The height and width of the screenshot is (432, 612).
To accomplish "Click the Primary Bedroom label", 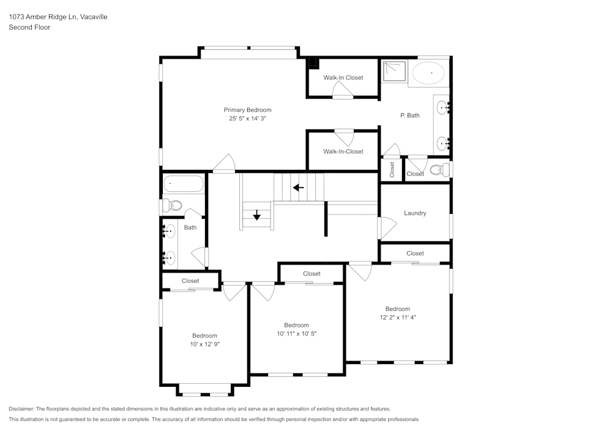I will click(x=247, y=110).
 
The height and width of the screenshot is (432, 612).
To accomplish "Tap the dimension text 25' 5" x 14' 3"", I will click(x=247, y=119).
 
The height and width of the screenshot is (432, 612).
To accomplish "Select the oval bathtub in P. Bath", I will click(x=428, y=73).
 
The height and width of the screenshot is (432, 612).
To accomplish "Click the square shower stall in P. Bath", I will click(x=393, y=71).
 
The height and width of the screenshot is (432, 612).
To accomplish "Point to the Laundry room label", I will click(x=415, y=213).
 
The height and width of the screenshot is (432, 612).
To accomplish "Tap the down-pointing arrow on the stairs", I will click(x=256, y=215).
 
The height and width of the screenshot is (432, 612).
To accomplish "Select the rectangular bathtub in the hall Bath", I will click(x=183, y=183).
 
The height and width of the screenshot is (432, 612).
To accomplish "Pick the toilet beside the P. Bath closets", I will click(x=439, y=169).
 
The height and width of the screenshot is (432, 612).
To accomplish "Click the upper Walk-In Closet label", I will click(x=343, y=78).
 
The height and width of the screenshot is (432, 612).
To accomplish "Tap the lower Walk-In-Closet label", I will click(x=343, y=152).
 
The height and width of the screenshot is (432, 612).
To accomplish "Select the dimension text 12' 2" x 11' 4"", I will click(x=397, y=317).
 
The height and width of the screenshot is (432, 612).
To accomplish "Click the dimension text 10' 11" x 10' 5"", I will click(x=296, y=334).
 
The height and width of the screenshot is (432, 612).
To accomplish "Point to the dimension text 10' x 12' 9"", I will click(x=204, y=344).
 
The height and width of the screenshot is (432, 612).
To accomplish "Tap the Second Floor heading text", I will click(x=29, y=27).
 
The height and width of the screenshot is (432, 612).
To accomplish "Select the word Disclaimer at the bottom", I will click(x=21, y=409).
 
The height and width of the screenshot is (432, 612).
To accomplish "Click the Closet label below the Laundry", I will click(x=415, y=253).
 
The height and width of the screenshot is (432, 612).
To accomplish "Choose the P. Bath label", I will click(x=409, y=115).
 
